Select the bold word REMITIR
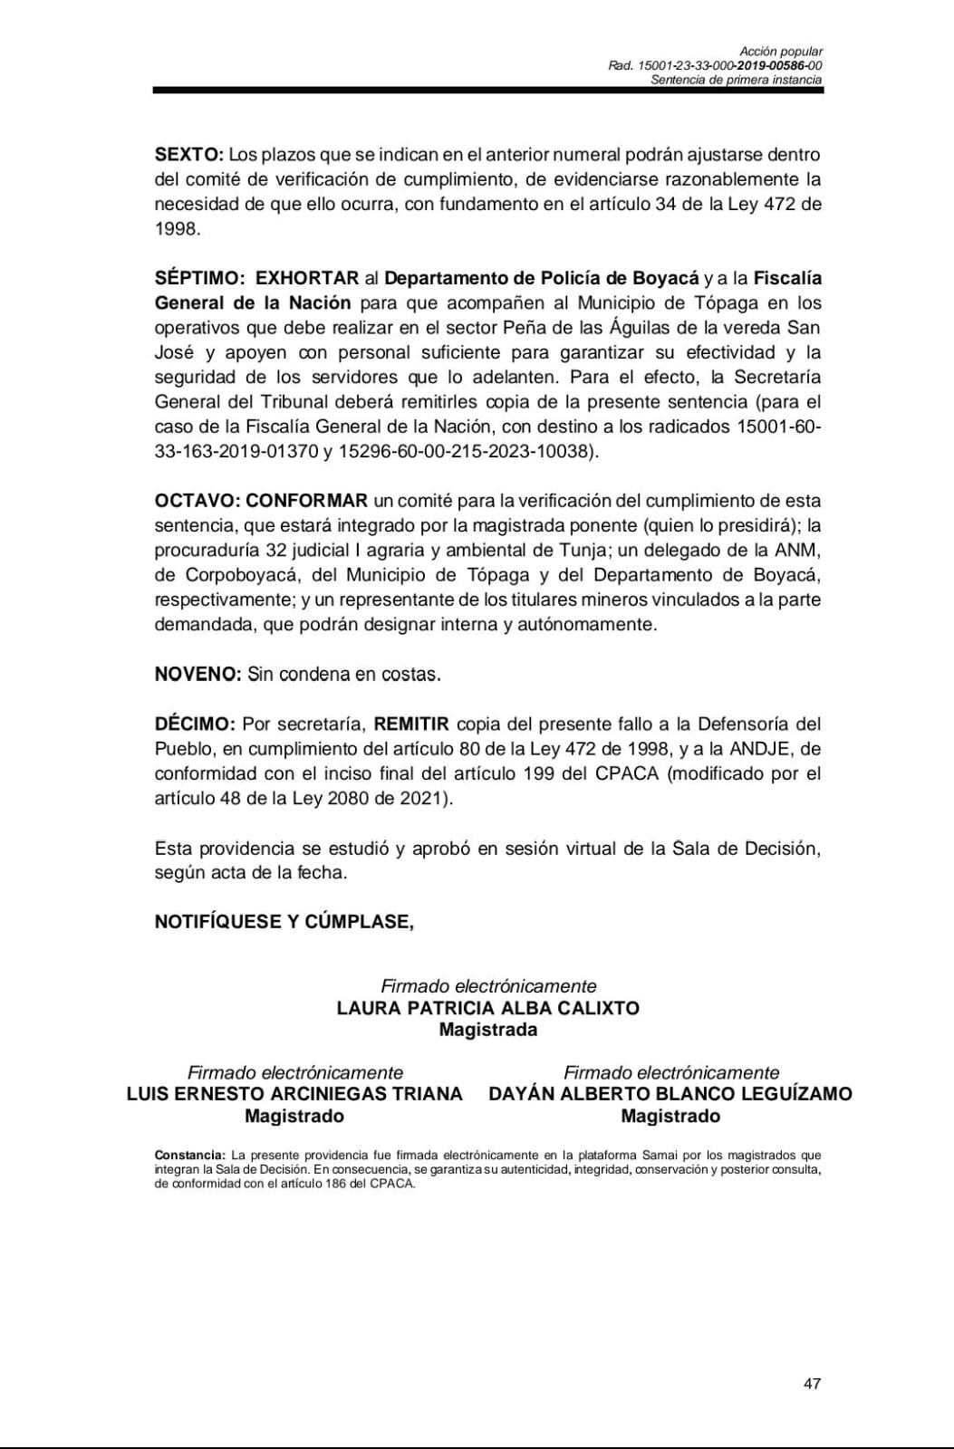[411, 724]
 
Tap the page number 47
[812, 1384]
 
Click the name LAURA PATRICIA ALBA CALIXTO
[487, 1008]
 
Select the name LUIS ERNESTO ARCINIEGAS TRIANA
[294, 1094]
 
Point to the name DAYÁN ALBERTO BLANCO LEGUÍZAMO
[670, 1094]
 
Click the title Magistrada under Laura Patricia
[487, 1030]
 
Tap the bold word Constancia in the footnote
[189, 1155]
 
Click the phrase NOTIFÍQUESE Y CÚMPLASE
[284, 922]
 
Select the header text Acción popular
[781, 52]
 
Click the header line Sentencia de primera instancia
[737, 80]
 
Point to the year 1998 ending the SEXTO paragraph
[176, 228]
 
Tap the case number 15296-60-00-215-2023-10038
[467, 451]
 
